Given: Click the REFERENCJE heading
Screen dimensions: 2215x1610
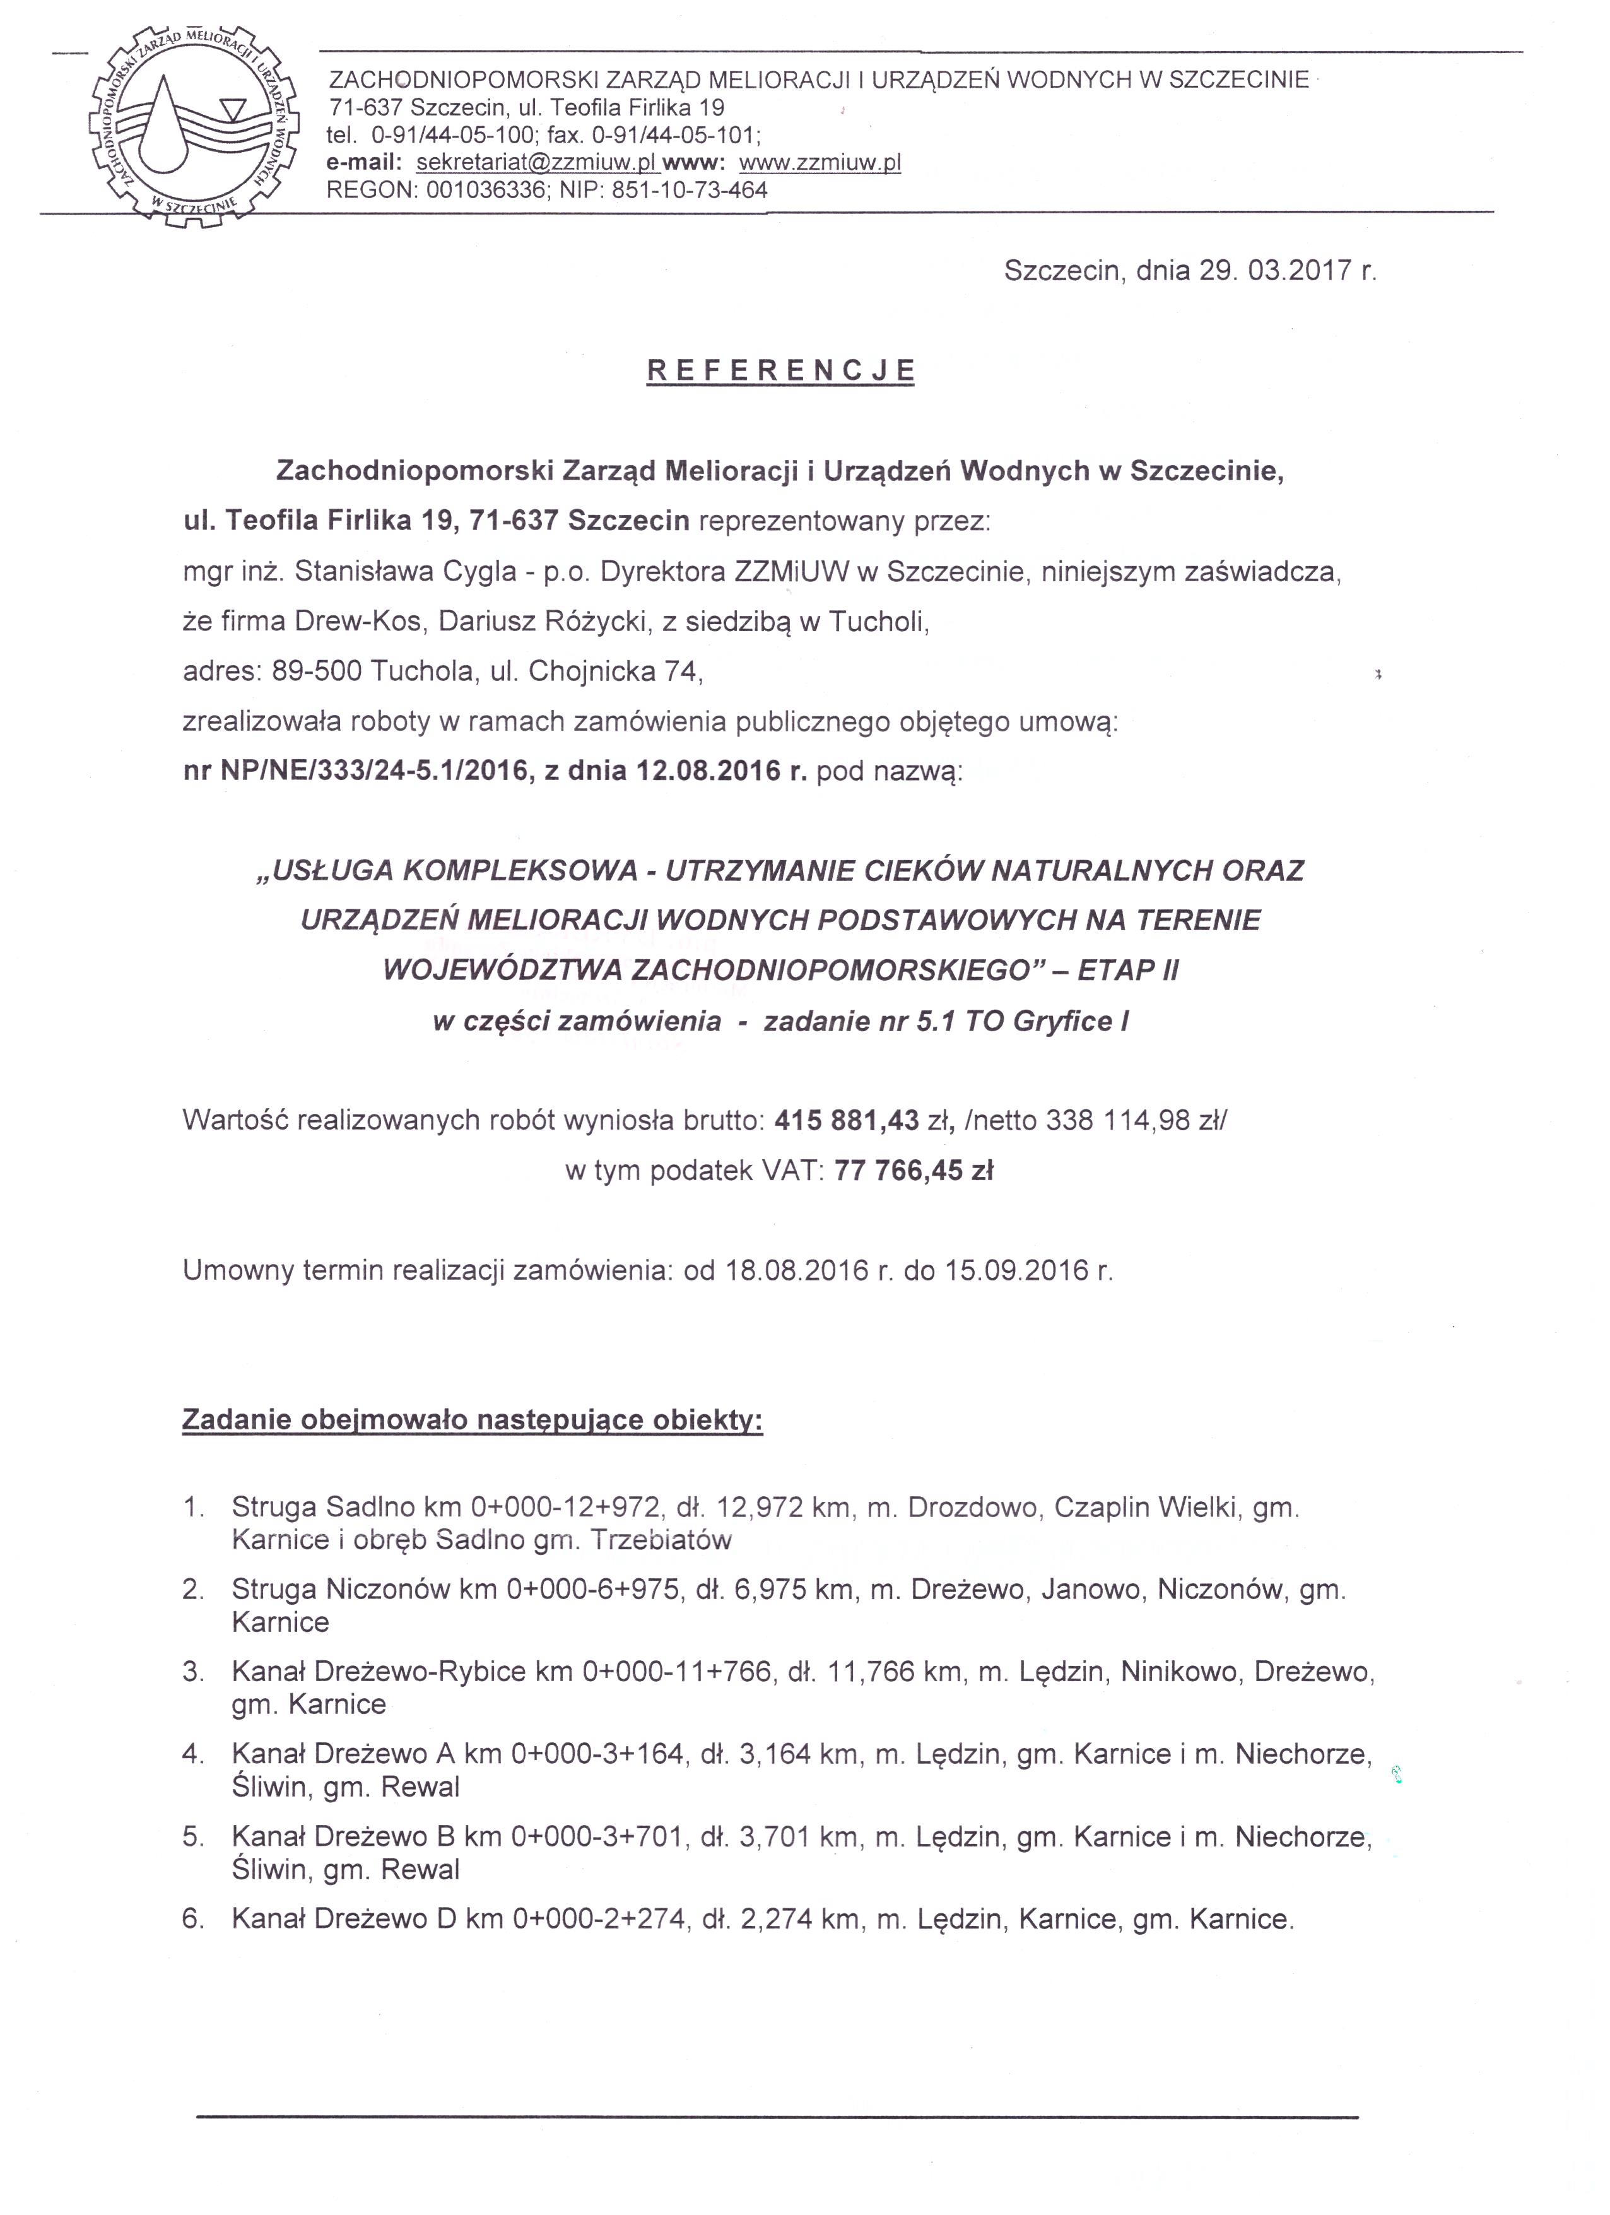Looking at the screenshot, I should click(781, 370).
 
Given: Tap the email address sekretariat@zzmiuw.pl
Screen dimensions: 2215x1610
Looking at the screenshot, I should click(537, 162).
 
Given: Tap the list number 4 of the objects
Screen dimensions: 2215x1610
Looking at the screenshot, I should click(192, 1754).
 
